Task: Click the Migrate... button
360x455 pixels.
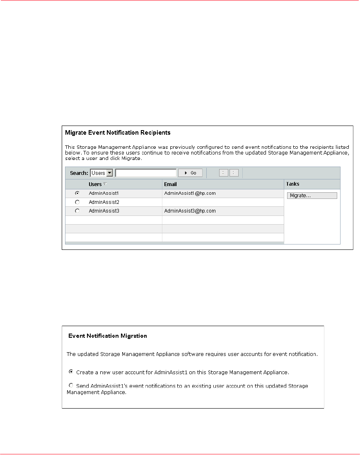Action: [x=312, y=196]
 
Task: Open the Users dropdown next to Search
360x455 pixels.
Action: [x=110, y=173]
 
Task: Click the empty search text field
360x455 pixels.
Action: [x=146, y=173]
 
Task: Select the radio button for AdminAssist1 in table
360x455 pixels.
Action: [x=77, y=193]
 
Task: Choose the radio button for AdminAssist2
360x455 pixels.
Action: [x=77, y=202]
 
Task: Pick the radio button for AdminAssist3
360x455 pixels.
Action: [x=77, y=211]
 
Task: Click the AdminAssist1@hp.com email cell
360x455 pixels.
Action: [x=190, y=193]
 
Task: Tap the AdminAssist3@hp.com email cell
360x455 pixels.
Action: [x=190, y=211]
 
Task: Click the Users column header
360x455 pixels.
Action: [x=95, y=184]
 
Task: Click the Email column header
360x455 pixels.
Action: [x=171, y=184]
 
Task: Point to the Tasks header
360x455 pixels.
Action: [x=293, y=184]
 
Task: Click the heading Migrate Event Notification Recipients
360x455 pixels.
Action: [x=118, y=133]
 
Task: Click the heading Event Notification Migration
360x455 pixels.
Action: [x=107, y=336]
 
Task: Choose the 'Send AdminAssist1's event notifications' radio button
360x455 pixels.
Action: [x=70, y=385]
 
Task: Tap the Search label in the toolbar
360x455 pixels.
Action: [x=79, y=173]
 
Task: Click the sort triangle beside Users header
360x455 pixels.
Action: [x=105, y=184]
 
